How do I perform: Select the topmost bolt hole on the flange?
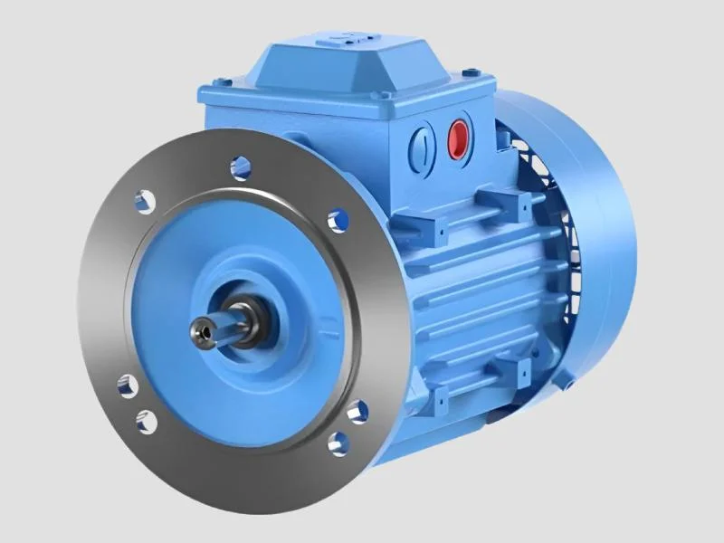coord(240,165)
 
